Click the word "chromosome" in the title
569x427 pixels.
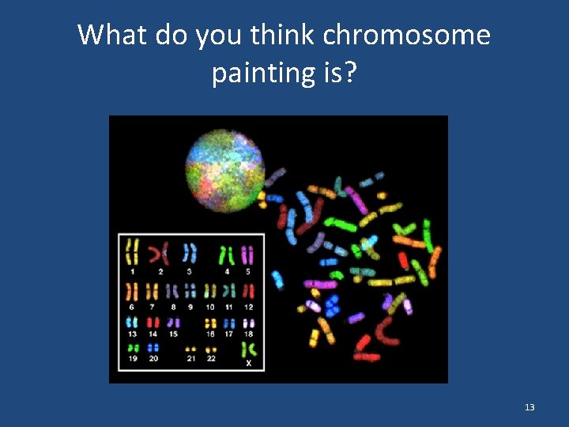point(407,36)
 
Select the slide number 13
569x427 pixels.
point(529,407)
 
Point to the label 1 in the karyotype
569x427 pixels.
point(132,271)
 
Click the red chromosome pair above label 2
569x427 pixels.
point(160,253)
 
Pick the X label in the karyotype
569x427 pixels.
point(249,363)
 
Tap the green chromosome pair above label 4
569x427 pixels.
point(227,255)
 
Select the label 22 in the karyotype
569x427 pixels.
point(211,358)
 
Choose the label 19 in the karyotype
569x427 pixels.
point(132,358)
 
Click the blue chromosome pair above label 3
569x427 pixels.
point(189,253)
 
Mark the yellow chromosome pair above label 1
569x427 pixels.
point(132,252)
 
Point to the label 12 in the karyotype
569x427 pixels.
point(248,306)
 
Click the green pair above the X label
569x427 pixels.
point(248,348)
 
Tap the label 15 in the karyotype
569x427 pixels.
point(173,334)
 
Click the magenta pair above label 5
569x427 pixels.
point(247,255)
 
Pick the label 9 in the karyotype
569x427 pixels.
point(190,306)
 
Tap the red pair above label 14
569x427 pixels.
point(153,323)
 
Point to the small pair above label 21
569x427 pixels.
point(190,349)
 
